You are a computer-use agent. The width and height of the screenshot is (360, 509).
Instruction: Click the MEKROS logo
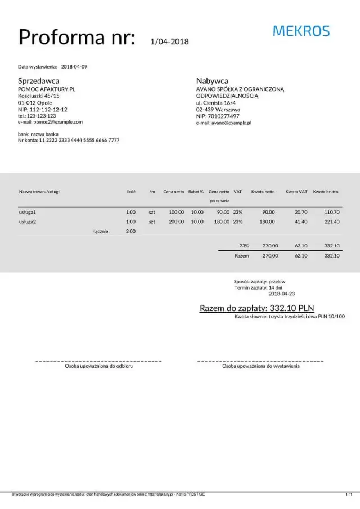click(x=301, y=31)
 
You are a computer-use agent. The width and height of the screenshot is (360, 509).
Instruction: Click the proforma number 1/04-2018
click(x=170, y=42)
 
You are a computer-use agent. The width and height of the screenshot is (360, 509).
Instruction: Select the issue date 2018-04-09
click(x=74, y=67)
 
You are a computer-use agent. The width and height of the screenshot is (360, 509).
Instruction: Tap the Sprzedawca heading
click(x=38, y=80)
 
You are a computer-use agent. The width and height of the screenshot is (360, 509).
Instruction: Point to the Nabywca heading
click(x=212, y=80)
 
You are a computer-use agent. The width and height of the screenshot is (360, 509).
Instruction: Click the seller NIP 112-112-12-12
click(x=43, y=110)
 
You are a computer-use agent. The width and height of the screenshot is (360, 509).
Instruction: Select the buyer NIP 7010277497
click(x=218, y=116)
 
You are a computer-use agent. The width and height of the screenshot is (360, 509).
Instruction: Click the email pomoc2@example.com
click(x=50, y=122)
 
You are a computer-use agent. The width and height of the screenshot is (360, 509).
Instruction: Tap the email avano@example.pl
click(x=223, y=123)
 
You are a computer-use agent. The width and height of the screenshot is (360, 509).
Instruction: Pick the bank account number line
click(x=69, y=141)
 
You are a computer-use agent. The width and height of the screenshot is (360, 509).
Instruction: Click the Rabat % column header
click(x=196, y=192)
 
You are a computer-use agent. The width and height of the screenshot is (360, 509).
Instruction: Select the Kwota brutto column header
click(x=326, y=192)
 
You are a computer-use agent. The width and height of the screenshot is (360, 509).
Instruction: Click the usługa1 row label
click(x=28, y=213)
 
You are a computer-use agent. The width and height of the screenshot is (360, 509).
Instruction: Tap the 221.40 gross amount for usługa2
click(x=332, y=222)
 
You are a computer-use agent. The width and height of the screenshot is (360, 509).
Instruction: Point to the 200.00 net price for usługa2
click(x=177, y=222)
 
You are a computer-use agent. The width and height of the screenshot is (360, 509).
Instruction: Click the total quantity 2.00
click(x=130, y=231)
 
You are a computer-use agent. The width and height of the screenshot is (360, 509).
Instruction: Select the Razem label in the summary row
click(x=241, y=256)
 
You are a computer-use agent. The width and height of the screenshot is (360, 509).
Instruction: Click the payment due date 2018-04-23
click(x=282, y=294)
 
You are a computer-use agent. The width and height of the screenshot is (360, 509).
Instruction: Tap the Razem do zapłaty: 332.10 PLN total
click(x=256, y=308)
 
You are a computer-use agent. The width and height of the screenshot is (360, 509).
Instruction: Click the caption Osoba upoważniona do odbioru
click(x=98, y=366)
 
